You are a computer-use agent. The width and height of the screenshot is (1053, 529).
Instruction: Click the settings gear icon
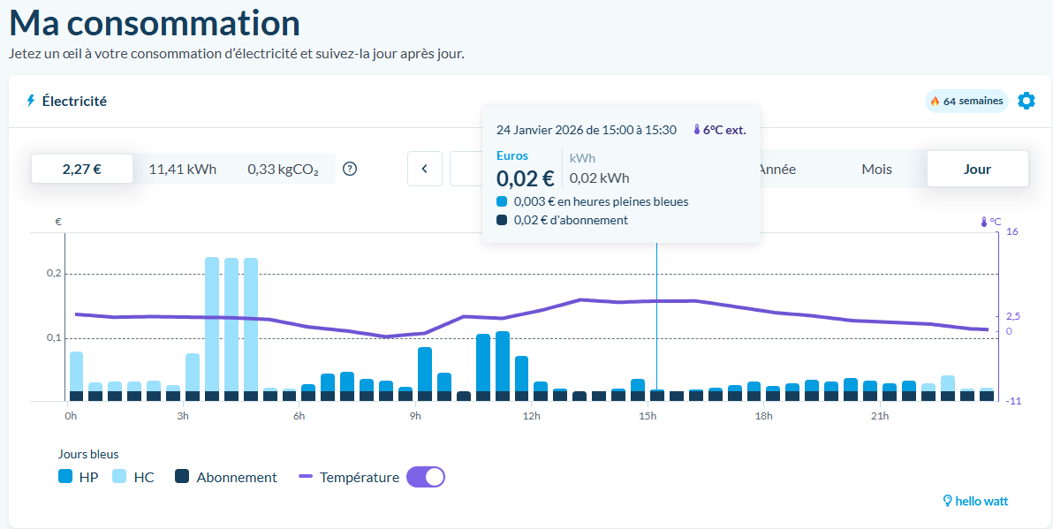pyautogui.click(x=1026, y=101)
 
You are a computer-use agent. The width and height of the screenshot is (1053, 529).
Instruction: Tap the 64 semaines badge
pyautogui.click(x=966, y=101)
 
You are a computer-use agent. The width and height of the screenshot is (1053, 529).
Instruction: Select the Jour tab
pyautogui.click(x=977, y=169)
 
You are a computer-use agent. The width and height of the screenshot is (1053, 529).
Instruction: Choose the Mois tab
pyautogui.click(x=876, y=169)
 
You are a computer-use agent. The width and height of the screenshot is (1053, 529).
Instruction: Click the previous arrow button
pyautogui.click(x=425, y=169)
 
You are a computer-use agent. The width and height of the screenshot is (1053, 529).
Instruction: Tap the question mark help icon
pyautogui.click(x=350, y=169)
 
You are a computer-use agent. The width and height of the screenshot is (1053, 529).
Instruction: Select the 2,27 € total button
pyautogui.click(x=81, y=169)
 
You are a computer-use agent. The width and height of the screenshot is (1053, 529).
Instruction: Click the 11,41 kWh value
pyautogui.click(x=182, y=169)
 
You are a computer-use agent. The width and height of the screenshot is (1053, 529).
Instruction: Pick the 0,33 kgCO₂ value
pyautogui.click(x=283, y=169)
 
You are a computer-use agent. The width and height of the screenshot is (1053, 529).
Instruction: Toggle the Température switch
pyautogui.click(x=425, y=477)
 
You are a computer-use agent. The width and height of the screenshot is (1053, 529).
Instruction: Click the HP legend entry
pyautogui.click(x=78, y=477)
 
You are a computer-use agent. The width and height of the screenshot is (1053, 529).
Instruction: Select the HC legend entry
pyautogui.click(x=133, y=477)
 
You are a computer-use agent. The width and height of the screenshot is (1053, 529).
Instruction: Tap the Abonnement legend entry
pyautogui.click(x=226, y=477)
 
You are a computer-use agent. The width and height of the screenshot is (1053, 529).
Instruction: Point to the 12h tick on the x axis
pyautogui.click(x=532, y=416)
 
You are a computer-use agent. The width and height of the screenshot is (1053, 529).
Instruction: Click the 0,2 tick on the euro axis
pyautogui.click(x=54, y=274)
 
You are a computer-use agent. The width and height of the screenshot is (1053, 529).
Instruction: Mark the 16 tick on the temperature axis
pyautogui.click(x=1011, y=232)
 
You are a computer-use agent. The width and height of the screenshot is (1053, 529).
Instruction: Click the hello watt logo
pyautogui.click(x=975, y=501)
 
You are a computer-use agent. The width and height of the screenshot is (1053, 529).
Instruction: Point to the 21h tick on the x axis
pyautogui.click(x=880, y=416)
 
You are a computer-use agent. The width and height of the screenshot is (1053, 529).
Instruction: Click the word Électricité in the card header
pyautogui.click(x=74, y=101)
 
